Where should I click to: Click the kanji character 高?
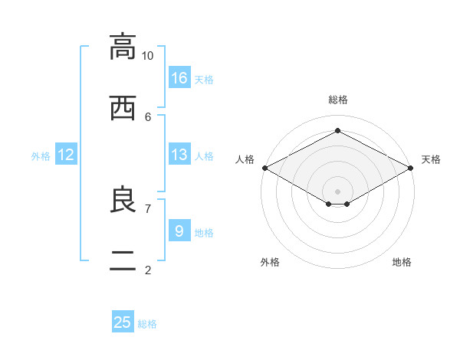click(123, 47)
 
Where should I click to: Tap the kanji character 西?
click(123, 108)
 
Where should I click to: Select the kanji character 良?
click(123, 199)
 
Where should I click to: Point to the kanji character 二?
click(123, 261)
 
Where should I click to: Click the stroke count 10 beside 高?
click(147, 56)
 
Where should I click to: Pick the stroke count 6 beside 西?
click(148, 117)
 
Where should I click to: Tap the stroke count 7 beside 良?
click(148, 209)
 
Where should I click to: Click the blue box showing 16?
click(179, 77)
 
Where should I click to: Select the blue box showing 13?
click(179, 154)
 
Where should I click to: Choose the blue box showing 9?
click(179, 231)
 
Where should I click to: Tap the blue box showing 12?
click(66, 154)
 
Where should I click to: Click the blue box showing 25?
click(123, 321)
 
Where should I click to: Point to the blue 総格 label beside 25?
click(147, 324)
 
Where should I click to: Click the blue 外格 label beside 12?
click(41, 156)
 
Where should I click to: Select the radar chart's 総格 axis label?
click(338, 100)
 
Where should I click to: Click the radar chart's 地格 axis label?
click(402, 262)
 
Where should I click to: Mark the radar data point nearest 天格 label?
click(411, 168)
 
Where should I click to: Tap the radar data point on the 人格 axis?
click(265, 168)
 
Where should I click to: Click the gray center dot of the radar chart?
click(337, 191)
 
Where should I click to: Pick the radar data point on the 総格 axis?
click(337, 130)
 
